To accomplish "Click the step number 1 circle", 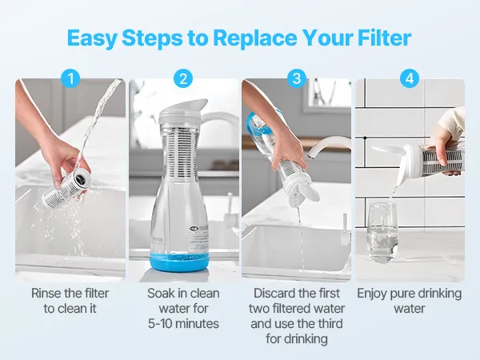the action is click(x=70, y=78).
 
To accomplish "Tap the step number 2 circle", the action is click(x=183, y=78).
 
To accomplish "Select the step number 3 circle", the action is click(x=297, y=78).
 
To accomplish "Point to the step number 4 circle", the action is click(x=410, y=78).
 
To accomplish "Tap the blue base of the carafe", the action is click(x=180, y=263).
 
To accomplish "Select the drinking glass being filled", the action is click(x=382, y=232).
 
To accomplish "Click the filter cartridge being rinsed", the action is click(x=66, y=188).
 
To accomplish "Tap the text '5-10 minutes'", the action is click(x=183, y=323).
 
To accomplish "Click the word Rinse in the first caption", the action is click(x=46, y=294).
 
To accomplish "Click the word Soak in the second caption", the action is click(x=160, y=294).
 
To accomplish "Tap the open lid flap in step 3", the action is click(x=309, y=192).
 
